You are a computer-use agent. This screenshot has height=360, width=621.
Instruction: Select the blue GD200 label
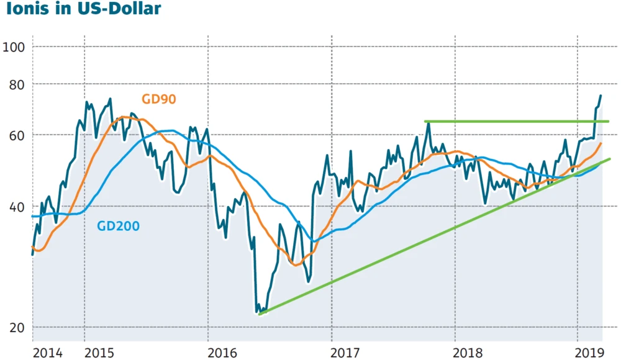118,226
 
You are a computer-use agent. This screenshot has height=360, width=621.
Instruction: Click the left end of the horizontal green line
425,121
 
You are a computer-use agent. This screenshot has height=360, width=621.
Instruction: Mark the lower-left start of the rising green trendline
259,313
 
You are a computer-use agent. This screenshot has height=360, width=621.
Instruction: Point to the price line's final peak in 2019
601,96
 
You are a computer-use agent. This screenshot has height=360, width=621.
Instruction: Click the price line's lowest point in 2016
257,312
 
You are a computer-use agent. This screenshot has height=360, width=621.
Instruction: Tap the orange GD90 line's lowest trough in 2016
297,265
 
